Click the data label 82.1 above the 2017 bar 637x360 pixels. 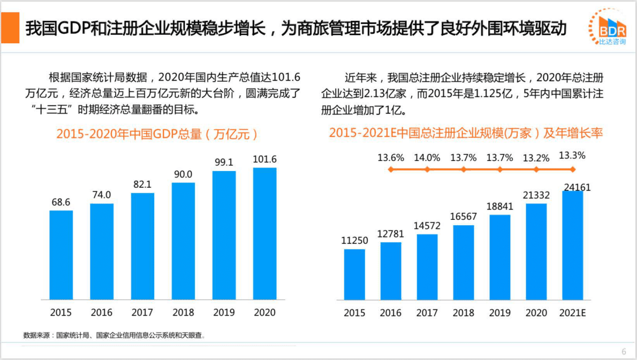coord(142,184)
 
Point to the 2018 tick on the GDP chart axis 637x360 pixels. coord(183,312)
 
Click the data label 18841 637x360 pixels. coord(500,206)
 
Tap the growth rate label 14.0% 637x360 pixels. coord(427,157)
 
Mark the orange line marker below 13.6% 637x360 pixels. coord(391,170)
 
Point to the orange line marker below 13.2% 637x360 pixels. coord(536,170)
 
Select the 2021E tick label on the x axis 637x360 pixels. coord(572,313)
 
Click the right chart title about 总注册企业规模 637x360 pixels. coord(466,133)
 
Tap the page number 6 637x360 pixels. coord(624,351)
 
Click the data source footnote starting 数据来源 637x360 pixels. coord(115,335)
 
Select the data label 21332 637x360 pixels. coord(536,195)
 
